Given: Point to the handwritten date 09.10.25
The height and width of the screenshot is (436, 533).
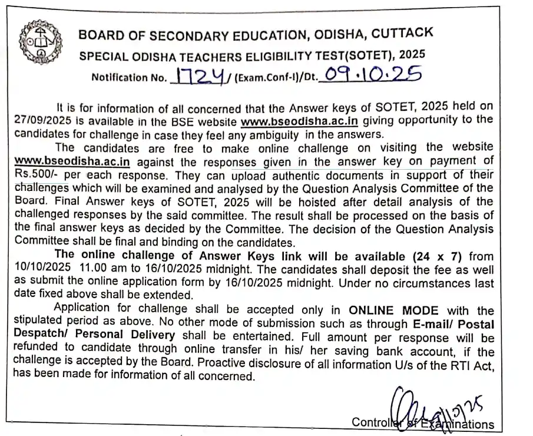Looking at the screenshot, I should click(369, 74).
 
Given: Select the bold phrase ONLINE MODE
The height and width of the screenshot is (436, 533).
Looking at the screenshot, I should click(394, 311).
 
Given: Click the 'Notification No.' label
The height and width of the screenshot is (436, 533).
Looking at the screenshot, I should click(128, 77).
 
